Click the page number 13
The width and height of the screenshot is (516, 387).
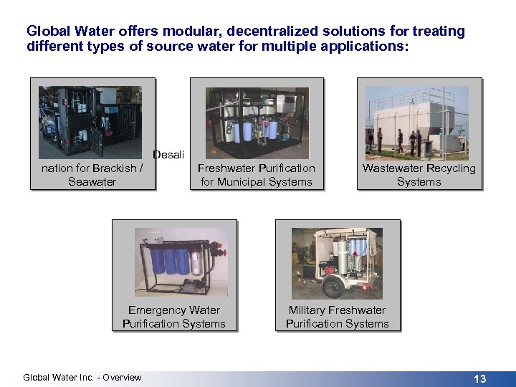479,378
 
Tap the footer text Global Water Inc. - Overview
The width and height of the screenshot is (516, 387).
82,378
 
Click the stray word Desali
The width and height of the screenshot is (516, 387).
168,155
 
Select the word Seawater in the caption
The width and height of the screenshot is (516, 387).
92,182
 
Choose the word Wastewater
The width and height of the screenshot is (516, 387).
392,168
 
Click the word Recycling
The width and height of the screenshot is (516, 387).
449,168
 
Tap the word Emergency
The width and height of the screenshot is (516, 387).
154,310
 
